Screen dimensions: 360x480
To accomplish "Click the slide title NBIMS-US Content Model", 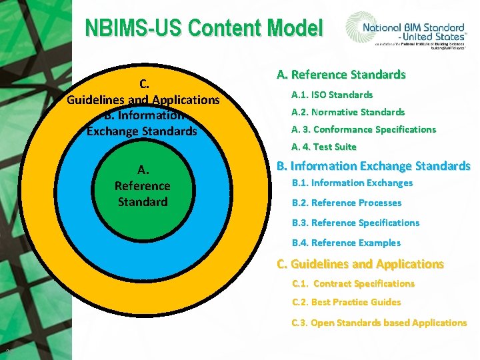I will point(203,29).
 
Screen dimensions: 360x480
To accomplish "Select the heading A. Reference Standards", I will point(341,75).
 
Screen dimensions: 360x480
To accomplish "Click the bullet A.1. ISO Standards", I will point(332,95).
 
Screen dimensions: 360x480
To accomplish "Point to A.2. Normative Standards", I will point(348,112).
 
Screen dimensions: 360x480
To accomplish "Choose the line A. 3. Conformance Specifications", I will point(363,129).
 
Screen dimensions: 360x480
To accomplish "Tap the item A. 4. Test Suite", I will point(324,147).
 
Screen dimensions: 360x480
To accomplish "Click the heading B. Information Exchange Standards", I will point(373,165).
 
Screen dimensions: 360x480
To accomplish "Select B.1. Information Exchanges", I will point(353,183).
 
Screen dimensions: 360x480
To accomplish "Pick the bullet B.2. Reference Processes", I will point(347,203).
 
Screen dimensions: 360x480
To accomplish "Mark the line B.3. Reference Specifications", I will point(356,223).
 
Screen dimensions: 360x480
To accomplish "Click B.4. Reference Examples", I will point(347,243).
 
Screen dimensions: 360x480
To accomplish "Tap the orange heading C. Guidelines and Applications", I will point(360,264).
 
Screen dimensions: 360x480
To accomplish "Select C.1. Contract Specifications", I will point(353,283).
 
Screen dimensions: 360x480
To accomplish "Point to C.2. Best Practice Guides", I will point(347,302).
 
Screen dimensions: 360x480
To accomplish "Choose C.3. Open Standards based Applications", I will point(379,323).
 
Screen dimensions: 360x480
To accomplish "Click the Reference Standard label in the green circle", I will point(142,193).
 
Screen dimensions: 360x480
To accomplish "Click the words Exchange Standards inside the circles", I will point(142,131).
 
